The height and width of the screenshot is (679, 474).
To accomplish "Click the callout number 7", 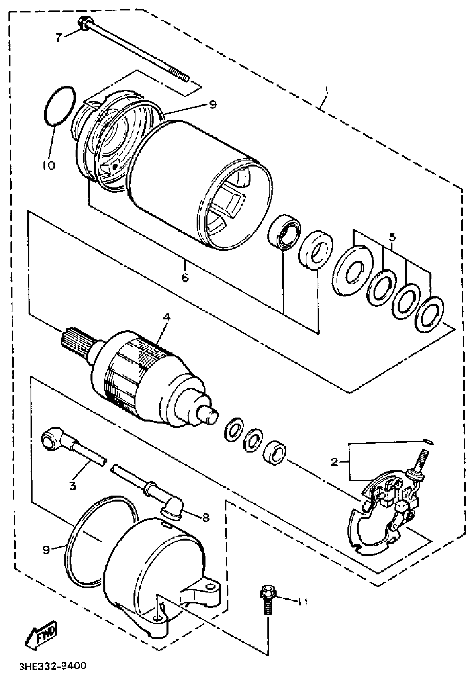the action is click(x=58, y=38).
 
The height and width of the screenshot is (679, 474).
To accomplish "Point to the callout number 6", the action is click(x=185, y=277).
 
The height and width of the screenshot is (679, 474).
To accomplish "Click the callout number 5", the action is click(x=392, y=237).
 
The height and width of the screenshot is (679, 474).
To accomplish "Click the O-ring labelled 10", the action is click(x=59, y=106).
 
